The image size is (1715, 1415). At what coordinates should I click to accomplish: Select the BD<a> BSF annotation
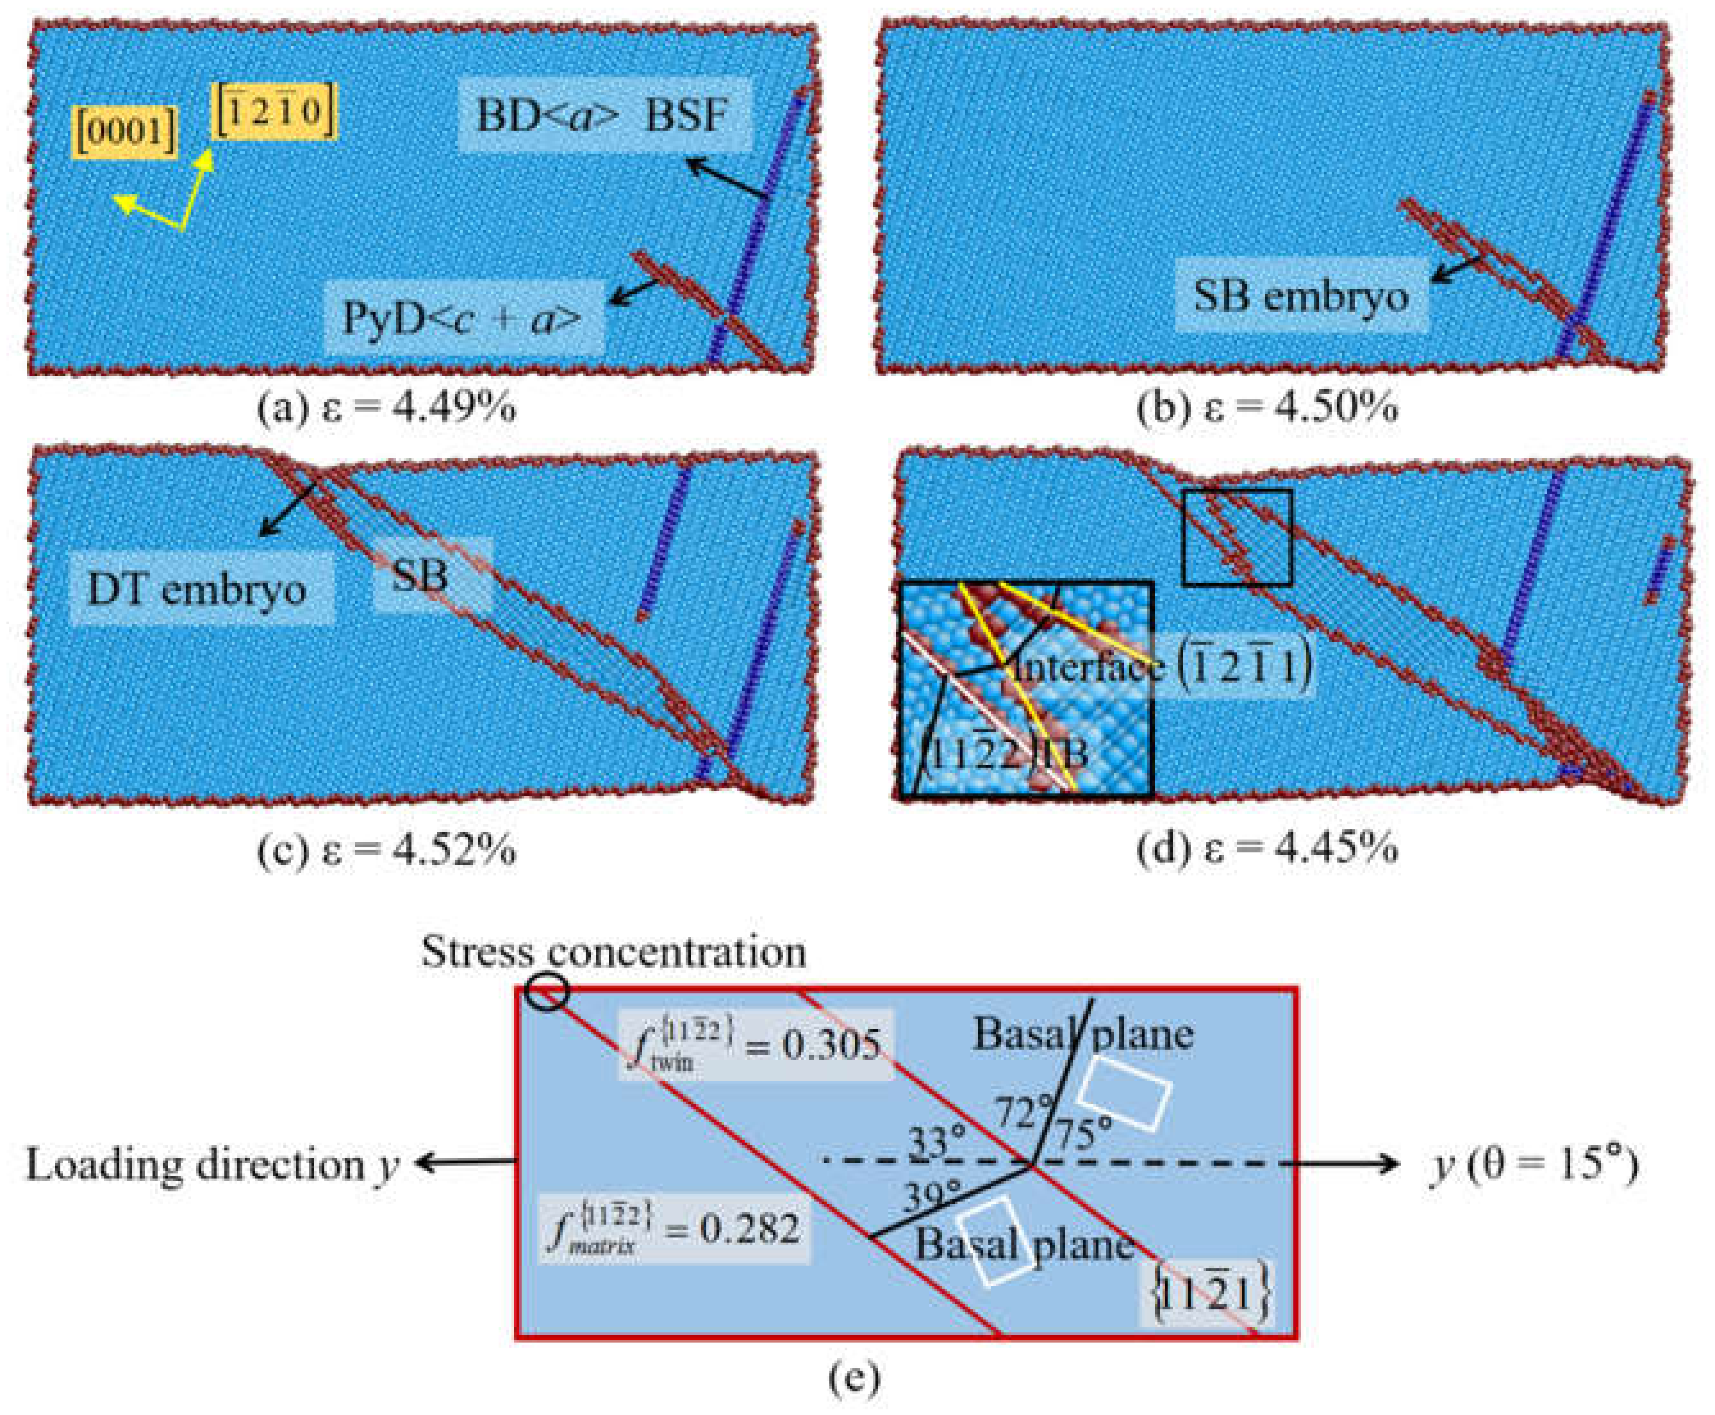[x=602, y=115]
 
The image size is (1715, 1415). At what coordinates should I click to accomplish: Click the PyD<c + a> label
[x=463, y=317]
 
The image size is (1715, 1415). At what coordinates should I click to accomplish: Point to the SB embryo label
[x=1301, y=295]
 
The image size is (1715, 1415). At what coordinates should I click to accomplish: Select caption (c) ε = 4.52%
[x=386, y=851]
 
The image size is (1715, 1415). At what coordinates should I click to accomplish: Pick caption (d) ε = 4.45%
[x=1268, y=850]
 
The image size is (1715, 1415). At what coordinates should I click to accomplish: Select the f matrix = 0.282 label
[x=674, y=1229]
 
